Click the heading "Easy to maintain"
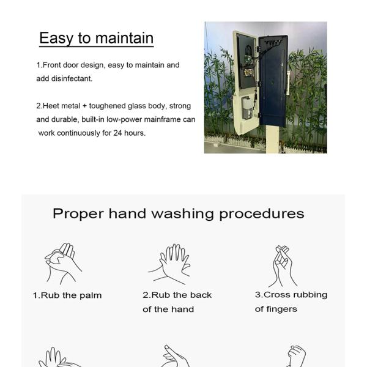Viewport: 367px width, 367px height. [96, 38]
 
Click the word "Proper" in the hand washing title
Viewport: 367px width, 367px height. [78, 213]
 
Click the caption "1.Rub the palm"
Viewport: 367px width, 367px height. [67, 295]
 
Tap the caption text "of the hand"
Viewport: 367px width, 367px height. [168, 310]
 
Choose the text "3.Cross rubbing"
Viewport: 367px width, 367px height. [291, 295]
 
